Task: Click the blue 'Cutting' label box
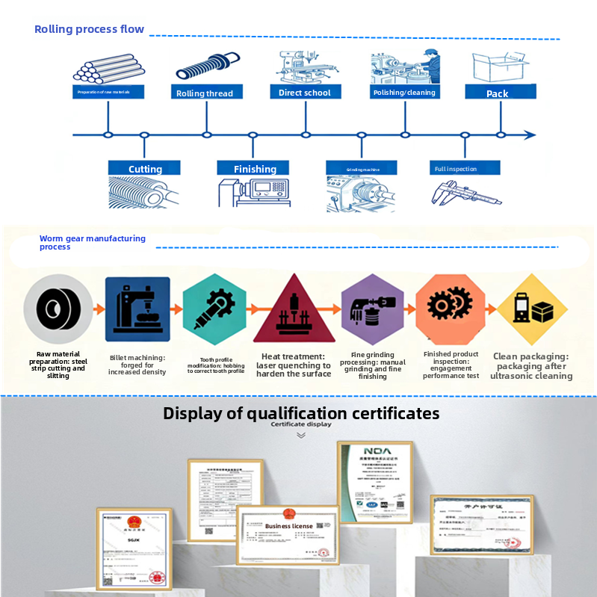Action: click(145, 168)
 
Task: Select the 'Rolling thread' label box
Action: click(204, 93)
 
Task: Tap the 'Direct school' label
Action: click(305, 92)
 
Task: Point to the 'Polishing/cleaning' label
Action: click(403, 92)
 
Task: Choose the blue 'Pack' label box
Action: click(497, 93)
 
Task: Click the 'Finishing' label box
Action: click(255, 168)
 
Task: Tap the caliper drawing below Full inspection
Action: click(466, 194)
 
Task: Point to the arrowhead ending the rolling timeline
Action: click(530, 135)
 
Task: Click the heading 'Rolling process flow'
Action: click(89, 30)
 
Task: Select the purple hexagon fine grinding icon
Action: click(372, 310)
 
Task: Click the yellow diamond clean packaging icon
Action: click(531, 309)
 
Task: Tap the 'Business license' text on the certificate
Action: click(288, 526)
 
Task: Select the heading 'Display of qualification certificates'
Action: click(301, 413)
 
